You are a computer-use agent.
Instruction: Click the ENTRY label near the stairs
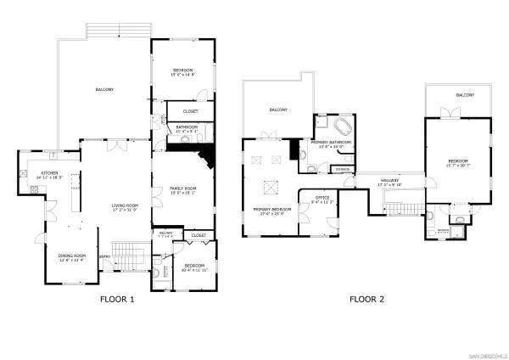coord(104,256)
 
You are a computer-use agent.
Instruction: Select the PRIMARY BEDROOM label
coord(272,211)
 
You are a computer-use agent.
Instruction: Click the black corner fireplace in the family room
coord(204,158)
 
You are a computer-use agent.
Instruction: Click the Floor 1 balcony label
coord(104,89)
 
